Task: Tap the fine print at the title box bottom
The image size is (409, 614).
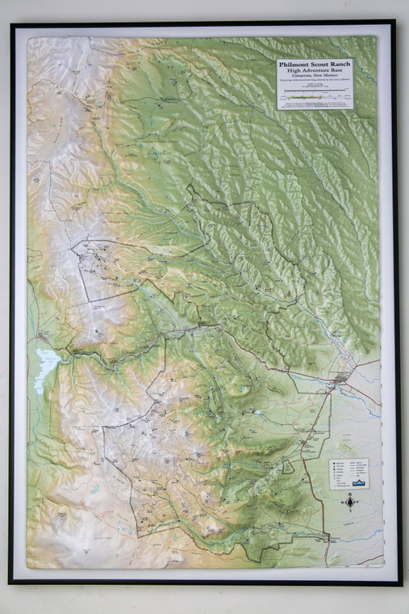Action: tap(315, 105)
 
